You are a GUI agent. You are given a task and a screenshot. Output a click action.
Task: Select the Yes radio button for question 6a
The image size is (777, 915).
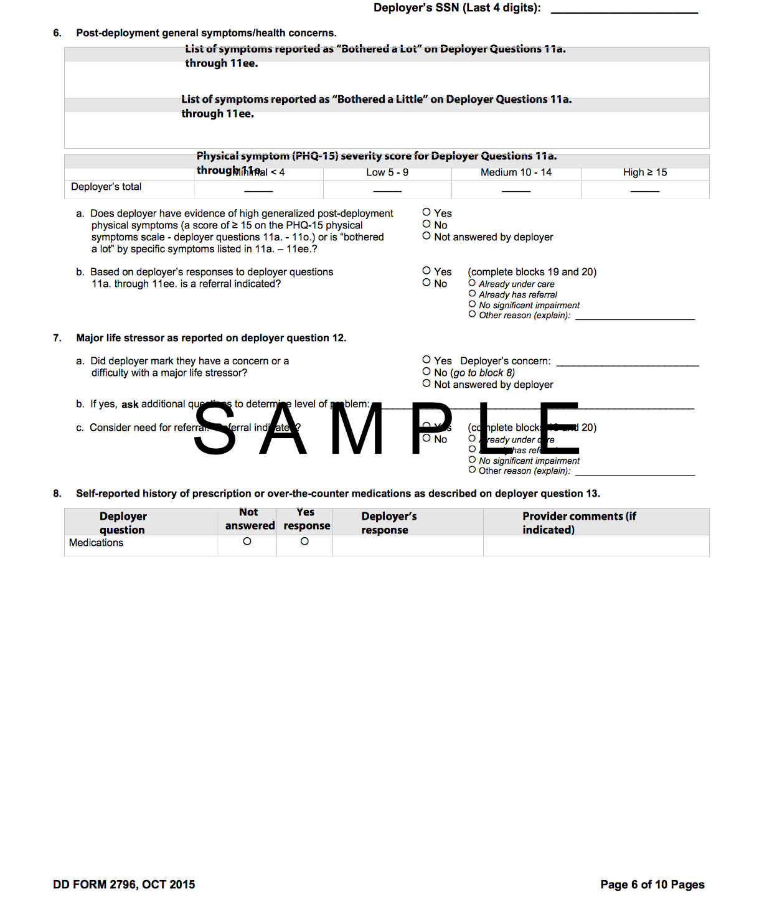[x=426, y=212]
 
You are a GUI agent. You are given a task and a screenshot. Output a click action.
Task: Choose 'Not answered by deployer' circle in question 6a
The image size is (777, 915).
[x=426, y=236]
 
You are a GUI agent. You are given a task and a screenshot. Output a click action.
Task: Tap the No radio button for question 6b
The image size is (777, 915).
[x=426, y=283]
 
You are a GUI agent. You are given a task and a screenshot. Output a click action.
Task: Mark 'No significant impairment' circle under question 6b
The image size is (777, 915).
[x=472, y=304]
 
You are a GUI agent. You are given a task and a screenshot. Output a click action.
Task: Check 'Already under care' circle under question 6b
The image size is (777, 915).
[x=472, y=283]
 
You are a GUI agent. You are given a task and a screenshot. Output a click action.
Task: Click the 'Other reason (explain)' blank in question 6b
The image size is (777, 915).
[x=634, y=317]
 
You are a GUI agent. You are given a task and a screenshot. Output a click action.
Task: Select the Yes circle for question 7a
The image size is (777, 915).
[x=426, y=360]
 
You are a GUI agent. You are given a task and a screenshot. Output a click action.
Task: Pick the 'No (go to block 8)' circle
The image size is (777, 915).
[x=426, y=372]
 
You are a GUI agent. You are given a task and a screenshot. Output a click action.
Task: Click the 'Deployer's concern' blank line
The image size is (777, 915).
[x=628, y=364]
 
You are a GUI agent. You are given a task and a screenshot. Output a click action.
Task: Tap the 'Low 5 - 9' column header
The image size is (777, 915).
[x=387, y=172]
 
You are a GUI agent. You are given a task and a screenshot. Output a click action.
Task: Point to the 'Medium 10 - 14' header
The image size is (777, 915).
[x=516, y=172]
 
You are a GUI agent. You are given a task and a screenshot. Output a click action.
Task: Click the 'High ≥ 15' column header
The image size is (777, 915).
[x=645, y=172]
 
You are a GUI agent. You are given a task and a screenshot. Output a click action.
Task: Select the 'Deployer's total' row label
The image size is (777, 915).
[x=106, y=187]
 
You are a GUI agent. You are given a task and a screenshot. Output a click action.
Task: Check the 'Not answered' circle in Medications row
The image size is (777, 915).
[x=247, y=542]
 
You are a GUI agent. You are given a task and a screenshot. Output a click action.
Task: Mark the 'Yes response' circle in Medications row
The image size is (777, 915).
[x=304, y=542]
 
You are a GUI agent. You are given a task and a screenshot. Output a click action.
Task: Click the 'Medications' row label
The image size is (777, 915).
[x=97, y=543]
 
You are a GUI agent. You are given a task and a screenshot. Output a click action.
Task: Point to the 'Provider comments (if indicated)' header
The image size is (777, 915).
[x=580, y=523]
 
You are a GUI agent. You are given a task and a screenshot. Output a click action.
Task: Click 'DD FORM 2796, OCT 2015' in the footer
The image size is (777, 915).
[x=124, y=884]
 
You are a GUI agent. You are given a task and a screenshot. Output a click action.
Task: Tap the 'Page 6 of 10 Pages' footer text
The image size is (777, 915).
[x=652, y=884]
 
